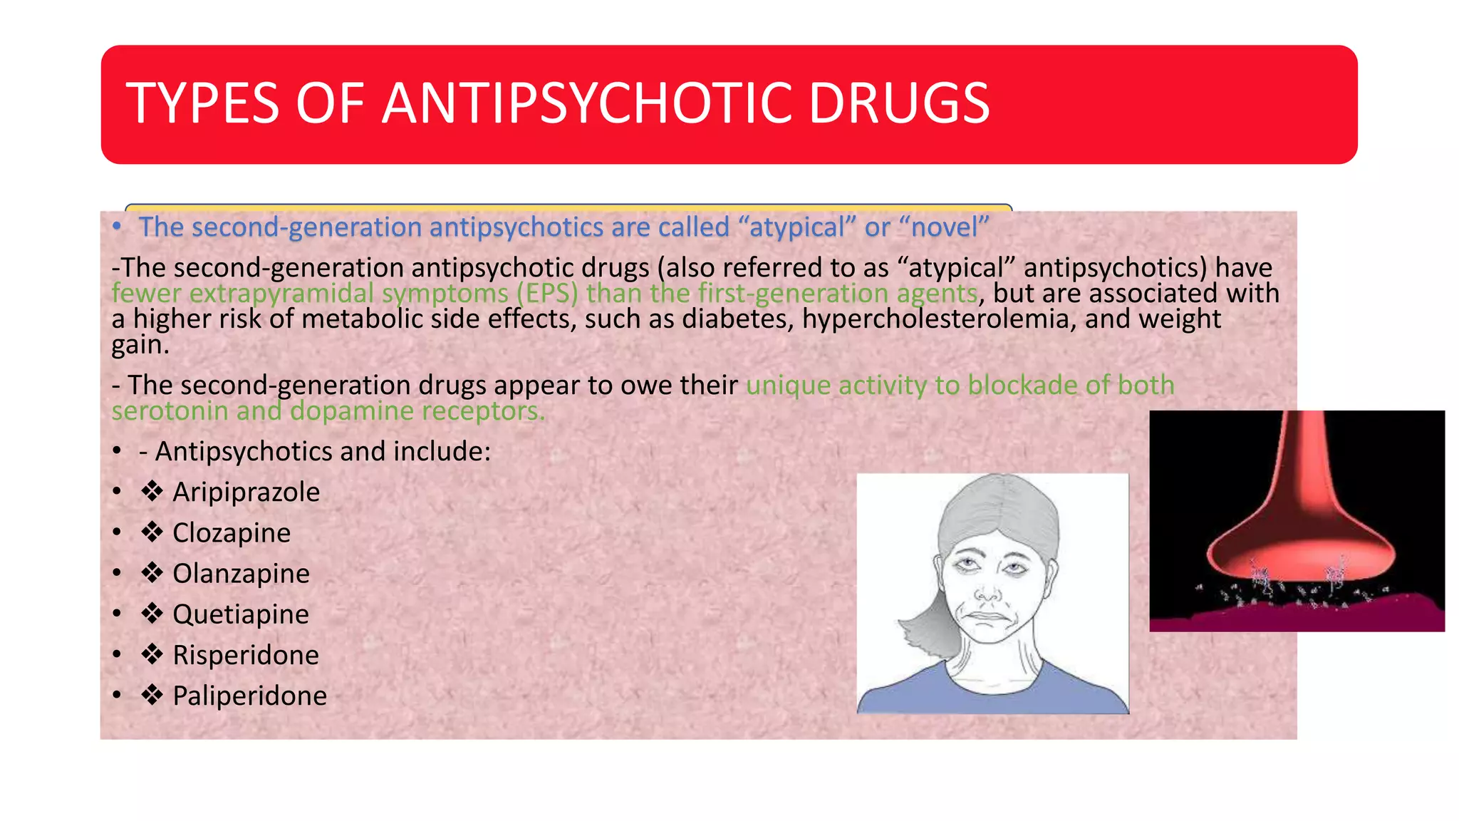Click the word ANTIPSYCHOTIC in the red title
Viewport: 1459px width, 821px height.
pyautogui.click(x=586, y=104)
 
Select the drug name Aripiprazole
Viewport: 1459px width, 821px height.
pyautogui.click(x=246, y=492)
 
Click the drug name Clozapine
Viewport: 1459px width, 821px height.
pyautogui.click(x=232, y=533)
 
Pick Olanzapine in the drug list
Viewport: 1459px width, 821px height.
pyautogui.click(x=241, y=574)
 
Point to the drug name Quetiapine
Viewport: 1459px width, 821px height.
pyautogui.click(x=241, y=614)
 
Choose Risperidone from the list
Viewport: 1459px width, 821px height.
pyautogui.click(x=246, y=655)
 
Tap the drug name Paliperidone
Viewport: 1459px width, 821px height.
pyautogui.click(x=249, y=696)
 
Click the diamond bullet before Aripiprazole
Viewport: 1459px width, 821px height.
pyautogui.click(x=152, y=491)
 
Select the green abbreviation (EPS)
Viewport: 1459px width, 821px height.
pyautogui.click(x=547, y=294)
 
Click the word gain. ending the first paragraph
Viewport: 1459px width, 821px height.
pyautogui.click(x=140, y=346)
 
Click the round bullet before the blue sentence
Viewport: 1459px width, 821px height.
pyautogui.click(x=118, y=227)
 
